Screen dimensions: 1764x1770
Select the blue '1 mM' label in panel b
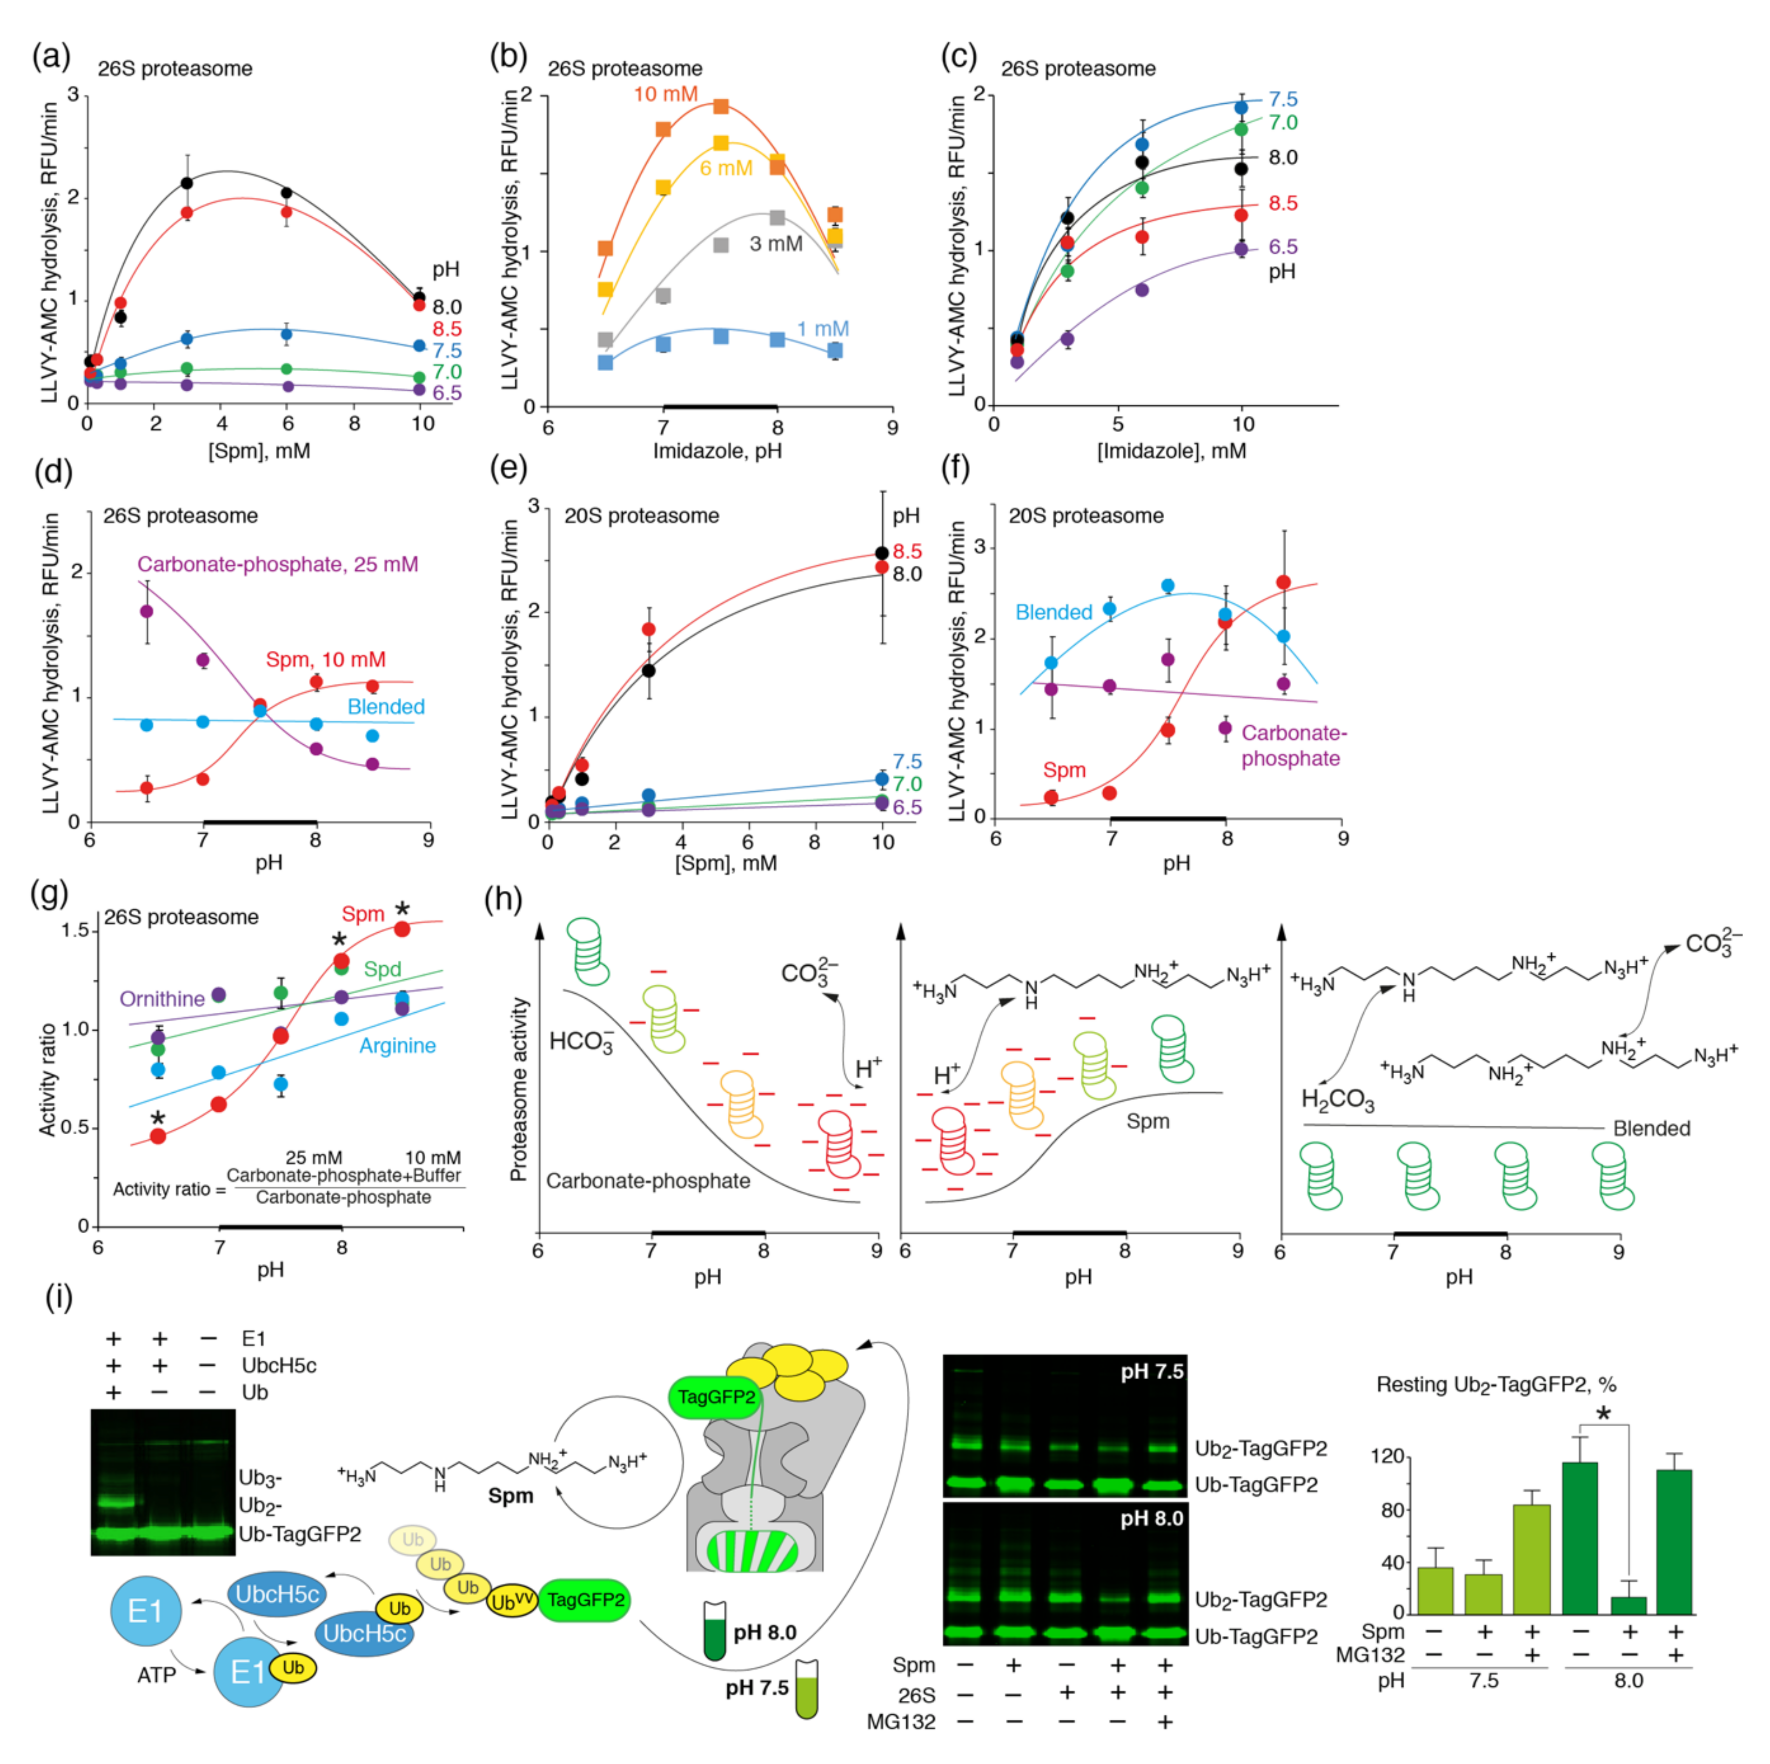click(x=823, y=329)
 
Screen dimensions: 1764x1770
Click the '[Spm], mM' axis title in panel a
click(x=259, y=451)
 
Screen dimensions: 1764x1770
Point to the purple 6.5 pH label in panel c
click(x=1283, y=247)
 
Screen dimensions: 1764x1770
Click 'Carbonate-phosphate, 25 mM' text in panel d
click(x=278, y=564)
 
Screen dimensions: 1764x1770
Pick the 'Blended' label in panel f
click(x=1053, y=612)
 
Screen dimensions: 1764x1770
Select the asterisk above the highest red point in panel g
click(x=402, y=909)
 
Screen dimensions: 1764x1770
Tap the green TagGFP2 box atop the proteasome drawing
click(x=717, y=1396)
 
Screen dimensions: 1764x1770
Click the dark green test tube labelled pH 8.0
click(x=715, y=1631)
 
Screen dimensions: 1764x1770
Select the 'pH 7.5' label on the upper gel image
click(x=1152, y=1371)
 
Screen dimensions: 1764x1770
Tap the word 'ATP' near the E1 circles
click(x=157, y=1675)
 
